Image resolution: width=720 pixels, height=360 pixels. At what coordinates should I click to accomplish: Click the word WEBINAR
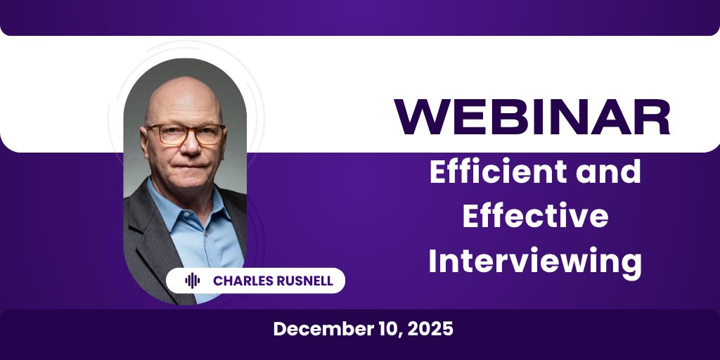(532, 117)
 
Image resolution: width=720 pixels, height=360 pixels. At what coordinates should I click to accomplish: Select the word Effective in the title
(534, 217)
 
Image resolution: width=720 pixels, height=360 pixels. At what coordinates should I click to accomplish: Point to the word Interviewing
(534, 262)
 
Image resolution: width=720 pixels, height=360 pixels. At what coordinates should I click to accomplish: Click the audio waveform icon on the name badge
(192, 281)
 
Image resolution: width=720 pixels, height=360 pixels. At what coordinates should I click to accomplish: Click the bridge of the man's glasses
(184, 131)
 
